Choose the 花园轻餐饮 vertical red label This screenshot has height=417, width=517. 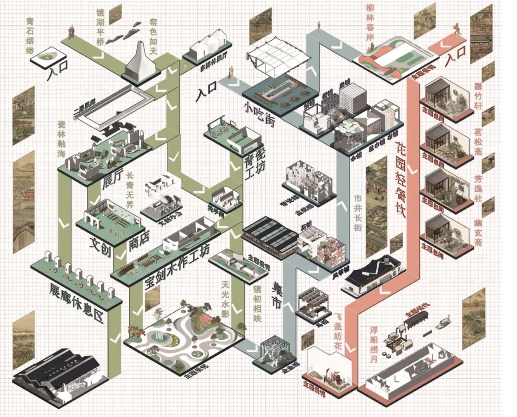pos(402,181)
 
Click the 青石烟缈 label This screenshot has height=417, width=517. pos(30,33)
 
